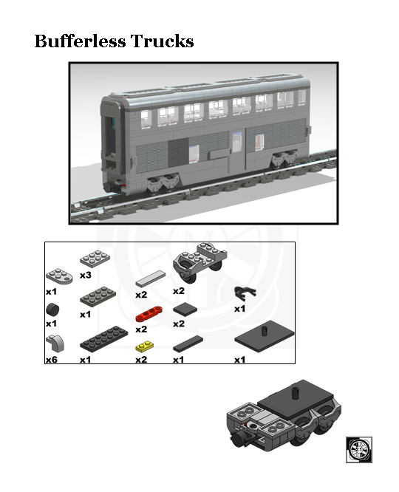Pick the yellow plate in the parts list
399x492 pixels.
[x=145, y=346]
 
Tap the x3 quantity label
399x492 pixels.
[x=86, y=276]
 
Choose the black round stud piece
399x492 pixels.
[x=52, y=309]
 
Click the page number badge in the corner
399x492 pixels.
[x=359, y=448]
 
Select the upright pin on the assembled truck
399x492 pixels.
[x=294, y=389]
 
